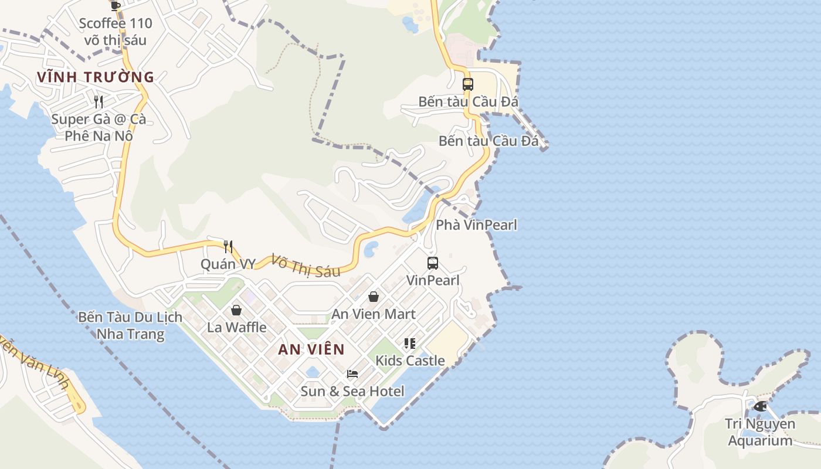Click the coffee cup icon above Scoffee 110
(116, 5)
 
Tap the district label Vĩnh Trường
(95, 77)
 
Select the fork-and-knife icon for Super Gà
(99, 102)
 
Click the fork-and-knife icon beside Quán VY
(228, 247)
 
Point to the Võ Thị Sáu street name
(306, 265)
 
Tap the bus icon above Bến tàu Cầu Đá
(467, 84)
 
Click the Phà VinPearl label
(476, 225)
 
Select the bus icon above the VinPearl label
(432, 263)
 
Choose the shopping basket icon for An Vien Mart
(373, 297)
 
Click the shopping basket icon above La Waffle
(236, 310)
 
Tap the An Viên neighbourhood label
(311, 349)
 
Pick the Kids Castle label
(410, 361)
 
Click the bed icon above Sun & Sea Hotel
(352, 373)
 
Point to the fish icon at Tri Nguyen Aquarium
(760, 406)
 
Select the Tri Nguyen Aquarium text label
(759, 432)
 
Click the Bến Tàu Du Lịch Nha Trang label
(130, 326)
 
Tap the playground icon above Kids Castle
(410, 343)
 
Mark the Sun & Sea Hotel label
(352, 391)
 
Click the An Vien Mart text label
(374, 314)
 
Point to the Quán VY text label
(228, 264)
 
